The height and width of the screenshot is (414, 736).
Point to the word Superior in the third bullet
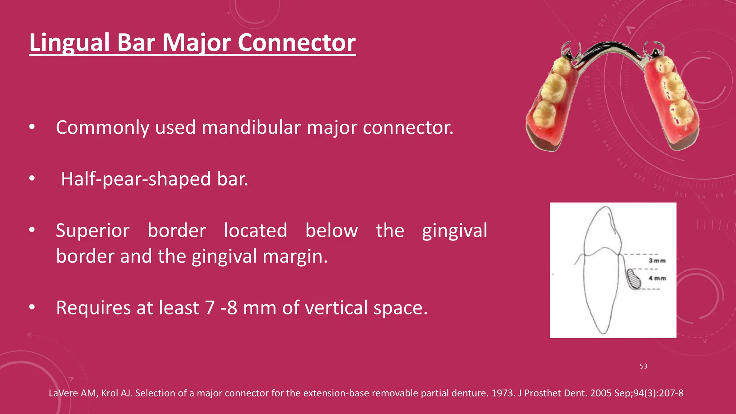[92, 231]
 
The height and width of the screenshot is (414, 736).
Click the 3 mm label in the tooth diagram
[657, 261]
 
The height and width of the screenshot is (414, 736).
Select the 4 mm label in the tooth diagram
[657, 278]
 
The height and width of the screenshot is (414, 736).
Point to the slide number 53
[643, 366]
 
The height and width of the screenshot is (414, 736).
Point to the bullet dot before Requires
[32, 307]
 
